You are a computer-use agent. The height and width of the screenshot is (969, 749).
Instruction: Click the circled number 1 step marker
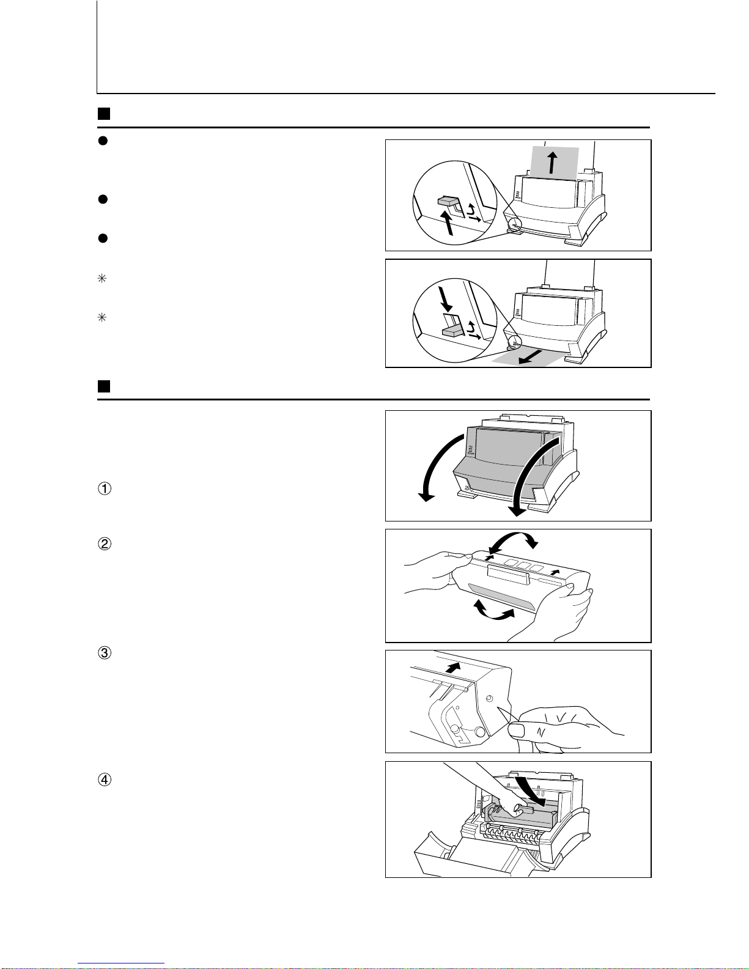click(x=105, y=489)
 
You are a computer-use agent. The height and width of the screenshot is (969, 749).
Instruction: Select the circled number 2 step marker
click(x=105, y=543)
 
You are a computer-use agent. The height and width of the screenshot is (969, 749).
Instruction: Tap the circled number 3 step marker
click(x=105, y=652)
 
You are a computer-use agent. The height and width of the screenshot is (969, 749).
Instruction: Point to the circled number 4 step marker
click(x=105, y=779)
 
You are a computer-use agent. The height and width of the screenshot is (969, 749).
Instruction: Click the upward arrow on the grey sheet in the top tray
click(x=553, y=164)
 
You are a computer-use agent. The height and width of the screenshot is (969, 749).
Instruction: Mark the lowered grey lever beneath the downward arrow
click(x=451, y=331)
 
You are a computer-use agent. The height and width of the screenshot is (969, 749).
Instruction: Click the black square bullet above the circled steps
click(x=104, y=386)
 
